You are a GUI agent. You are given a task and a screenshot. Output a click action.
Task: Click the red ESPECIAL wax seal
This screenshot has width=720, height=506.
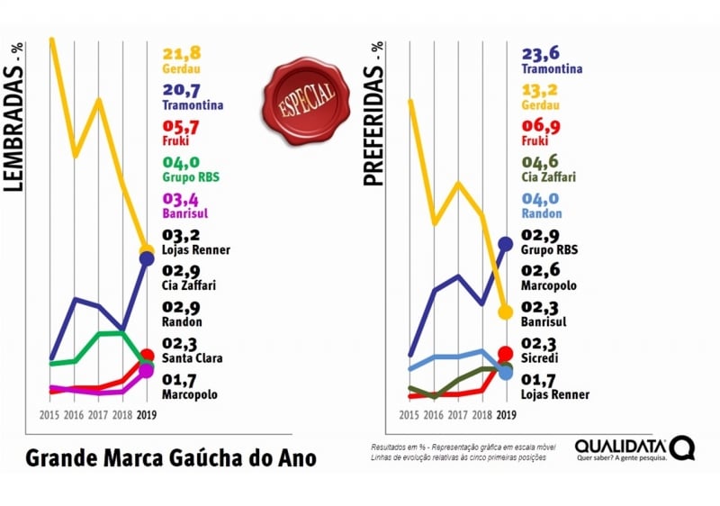(x=299, y=96)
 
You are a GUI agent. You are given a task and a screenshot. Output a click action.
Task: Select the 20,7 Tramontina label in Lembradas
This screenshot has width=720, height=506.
(x=193, y=96)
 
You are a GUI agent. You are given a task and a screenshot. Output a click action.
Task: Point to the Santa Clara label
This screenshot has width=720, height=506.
(x=191, y=349)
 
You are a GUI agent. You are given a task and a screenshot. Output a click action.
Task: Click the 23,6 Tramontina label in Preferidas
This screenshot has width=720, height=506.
(x=552, y=60)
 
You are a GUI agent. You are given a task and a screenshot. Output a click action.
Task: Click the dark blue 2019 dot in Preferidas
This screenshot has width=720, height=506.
(x=506, y=243)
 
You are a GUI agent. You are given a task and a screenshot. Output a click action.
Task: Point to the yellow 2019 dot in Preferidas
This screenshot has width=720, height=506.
(x=506, y=312)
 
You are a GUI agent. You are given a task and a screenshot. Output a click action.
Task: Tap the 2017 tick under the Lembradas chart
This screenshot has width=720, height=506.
(x=98, y=415)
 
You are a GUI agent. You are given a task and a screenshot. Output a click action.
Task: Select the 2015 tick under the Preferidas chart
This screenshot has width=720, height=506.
(x=409, y=415)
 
